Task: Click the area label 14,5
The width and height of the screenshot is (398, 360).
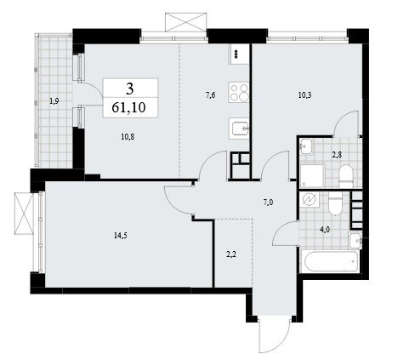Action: (x=121, y=235)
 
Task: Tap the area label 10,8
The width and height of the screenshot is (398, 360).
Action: (x=128, y=137)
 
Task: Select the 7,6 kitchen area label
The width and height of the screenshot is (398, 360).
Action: (x=210, y=95)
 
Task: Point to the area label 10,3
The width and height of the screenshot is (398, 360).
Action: (x=304, y=95)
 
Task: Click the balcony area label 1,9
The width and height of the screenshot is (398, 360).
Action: (x=54, y=101)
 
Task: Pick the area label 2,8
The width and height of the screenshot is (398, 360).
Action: (x=337, y=155)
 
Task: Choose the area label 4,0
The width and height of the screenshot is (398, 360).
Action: (x=325, y=230)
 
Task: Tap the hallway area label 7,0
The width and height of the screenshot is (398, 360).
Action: (x=268, y=203)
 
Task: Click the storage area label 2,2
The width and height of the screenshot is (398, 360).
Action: (x=231, y=254)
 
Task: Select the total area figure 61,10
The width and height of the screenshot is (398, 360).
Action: (x=128, y=108)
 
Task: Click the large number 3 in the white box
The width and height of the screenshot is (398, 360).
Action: (x=130, y=89)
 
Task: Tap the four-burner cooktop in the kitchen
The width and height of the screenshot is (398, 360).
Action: (x=239, y=92)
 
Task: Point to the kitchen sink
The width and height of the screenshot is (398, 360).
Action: (x=239, y=129)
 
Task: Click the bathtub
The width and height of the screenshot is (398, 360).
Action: (x=330, y=261)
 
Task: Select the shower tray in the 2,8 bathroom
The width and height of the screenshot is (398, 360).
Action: (x=312, y=175)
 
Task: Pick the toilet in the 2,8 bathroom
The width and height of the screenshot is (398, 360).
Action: (x=346, y=176)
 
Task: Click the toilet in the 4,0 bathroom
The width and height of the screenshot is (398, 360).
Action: (x=336, y=203)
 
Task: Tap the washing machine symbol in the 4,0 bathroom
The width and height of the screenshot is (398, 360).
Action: (x=310, y=199)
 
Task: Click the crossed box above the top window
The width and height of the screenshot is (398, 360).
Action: (x=185, y=22)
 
